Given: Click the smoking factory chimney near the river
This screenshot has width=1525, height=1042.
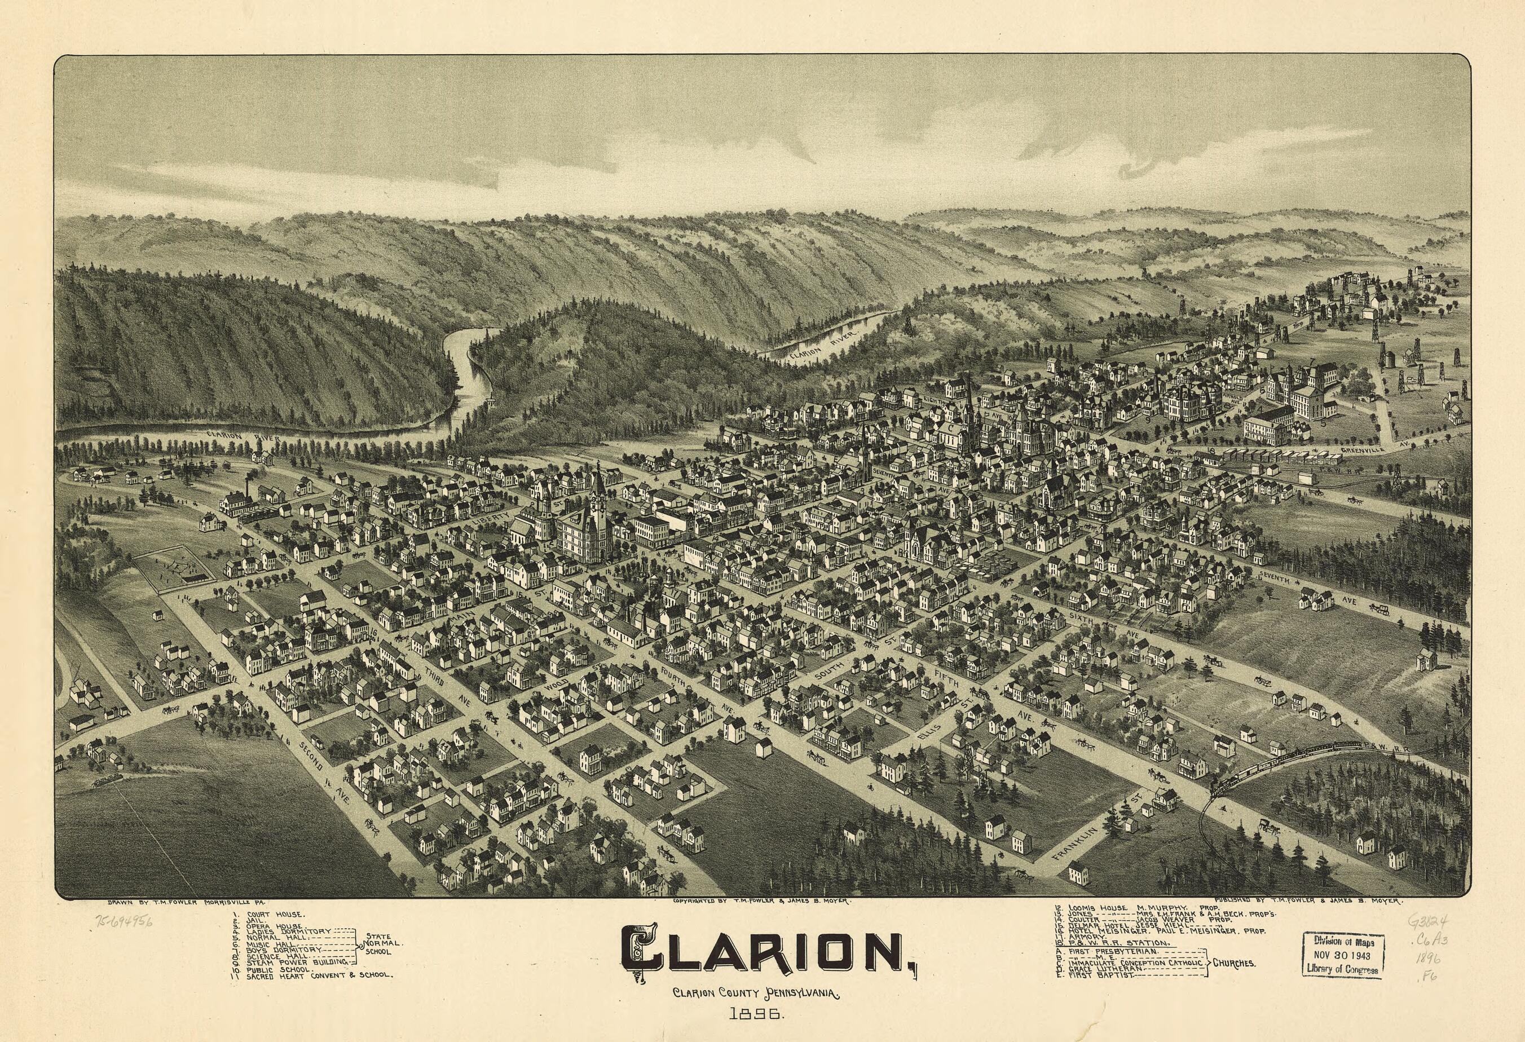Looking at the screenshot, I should point(248,505).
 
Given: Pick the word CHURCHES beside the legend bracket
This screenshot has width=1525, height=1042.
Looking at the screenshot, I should point(1233,982).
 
